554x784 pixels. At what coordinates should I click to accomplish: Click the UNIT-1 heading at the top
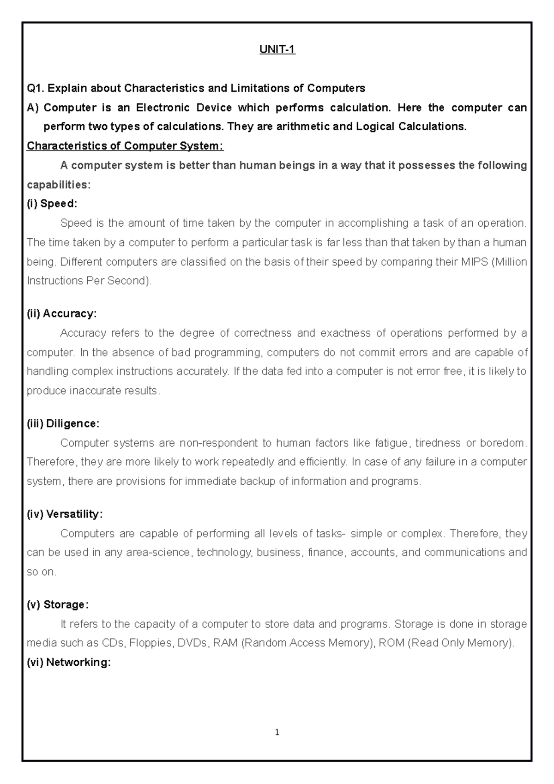click(x=277, y=49)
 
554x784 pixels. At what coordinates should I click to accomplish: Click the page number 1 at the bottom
click(x=277, y=732)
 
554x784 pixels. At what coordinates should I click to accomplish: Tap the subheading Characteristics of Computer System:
click(x=125, y=146)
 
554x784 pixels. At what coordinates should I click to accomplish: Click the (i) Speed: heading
click(x=52, y=204)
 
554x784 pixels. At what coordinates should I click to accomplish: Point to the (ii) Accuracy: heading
click(x=62, y=314)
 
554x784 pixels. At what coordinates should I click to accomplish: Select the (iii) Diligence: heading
click(x=63, y=423)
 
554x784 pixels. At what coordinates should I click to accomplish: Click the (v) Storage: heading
click(x=58, y=604)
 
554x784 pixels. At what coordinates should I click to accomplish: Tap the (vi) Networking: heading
click(x=69, y=663)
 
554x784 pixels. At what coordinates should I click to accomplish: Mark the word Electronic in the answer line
click(x=163, y=108)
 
